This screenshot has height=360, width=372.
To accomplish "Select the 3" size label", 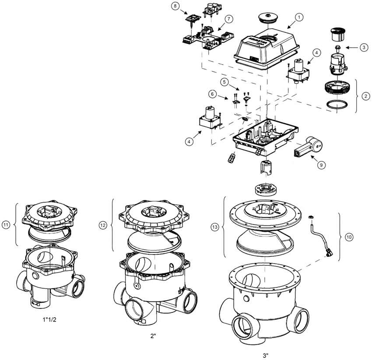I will [x=265, y=355].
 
